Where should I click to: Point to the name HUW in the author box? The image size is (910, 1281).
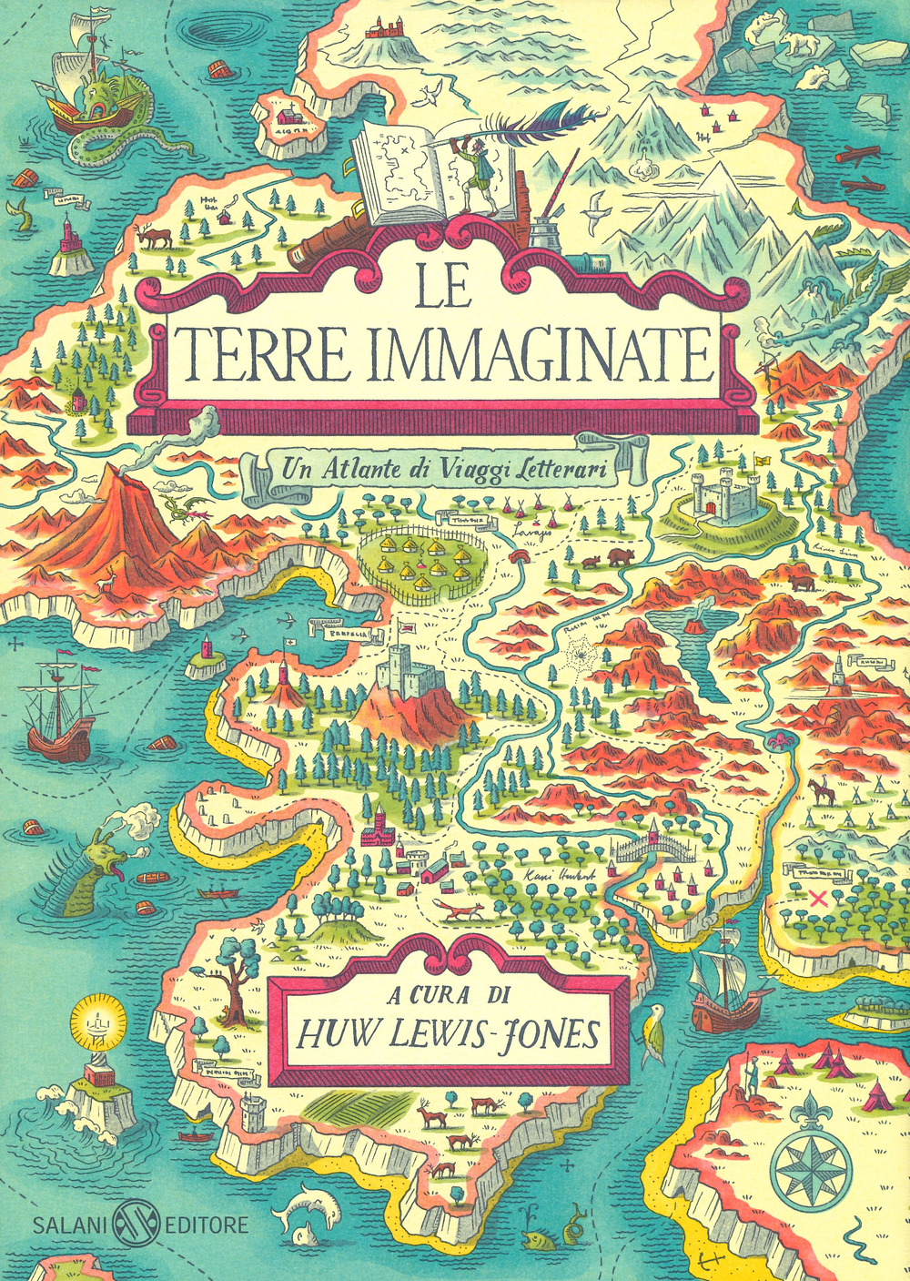pos(335,1034)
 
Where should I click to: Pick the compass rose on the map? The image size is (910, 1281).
pos(810,1163)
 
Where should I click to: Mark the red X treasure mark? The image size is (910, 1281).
pos(816,899)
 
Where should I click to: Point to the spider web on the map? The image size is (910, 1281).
pos(577,652)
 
